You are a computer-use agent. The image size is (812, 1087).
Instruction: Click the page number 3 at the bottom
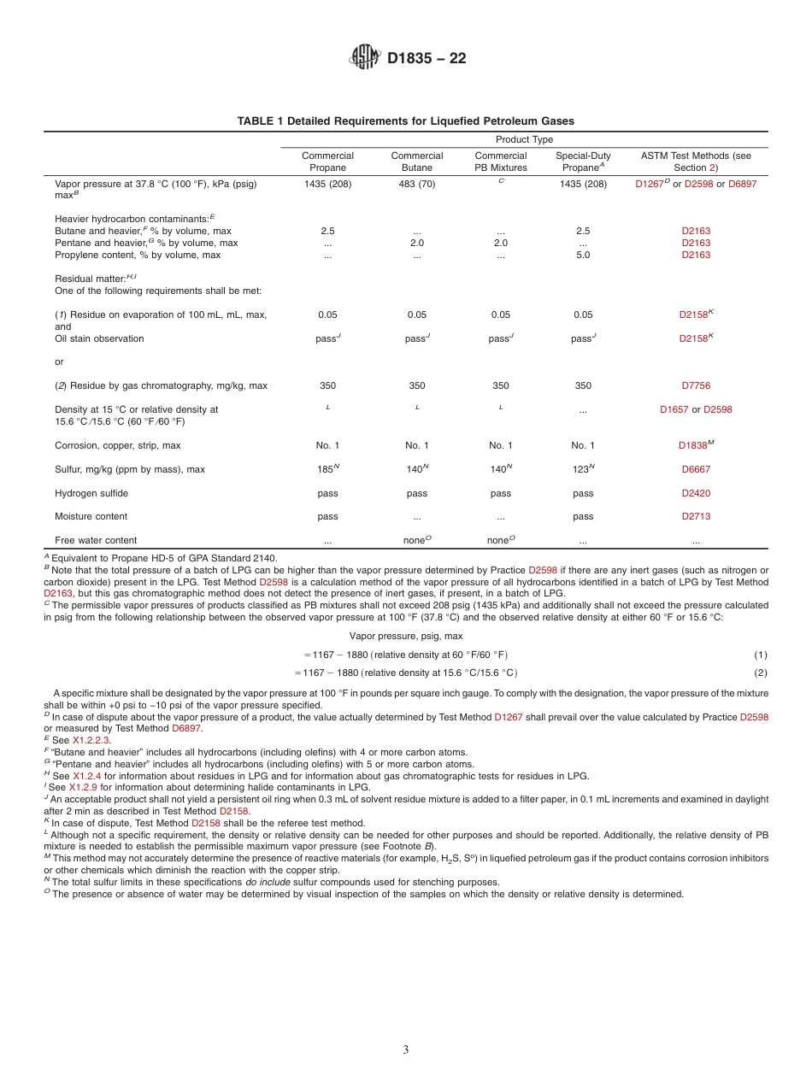point(406,1050)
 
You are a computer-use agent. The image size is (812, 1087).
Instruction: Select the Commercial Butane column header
point(417,162)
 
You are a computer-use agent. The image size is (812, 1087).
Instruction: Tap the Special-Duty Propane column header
point(583,162)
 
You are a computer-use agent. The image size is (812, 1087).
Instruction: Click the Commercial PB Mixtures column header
point(501,162)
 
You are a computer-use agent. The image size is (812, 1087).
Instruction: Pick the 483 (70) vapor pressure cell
point(417,184)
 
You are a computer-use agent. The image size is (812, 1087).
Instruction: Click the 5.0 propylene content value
point(583,255)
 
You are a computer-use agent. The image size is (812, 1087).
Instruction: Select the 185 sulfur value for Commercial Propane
point(327,469)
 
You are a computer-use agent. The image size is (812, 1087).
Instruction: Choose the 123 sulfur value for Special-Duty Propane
point(581,469)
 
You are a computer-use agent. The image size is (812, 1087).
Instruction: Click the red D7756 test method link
point(696,385)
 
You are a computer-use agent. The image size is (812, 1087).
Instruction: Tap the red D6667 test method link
point(696,469)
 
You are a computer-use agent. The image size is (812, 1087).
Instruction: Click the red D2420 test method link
point(696,493)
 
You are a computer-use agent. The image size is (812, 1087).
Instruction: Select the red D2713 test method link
point(696,516)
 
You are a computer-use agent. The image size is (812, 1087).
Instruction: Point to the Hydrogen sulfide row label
point(91,493)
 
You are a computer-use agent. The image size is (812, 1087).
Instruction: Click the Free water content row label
point(96,540)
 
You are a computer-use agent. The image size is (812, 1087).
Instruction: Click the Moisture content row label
point(91,516)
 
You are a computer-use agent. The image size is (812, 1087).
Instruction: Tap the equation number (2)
point(760,673)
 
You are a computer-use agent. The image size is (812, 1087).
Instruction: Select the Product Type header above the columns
point(524,139)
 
